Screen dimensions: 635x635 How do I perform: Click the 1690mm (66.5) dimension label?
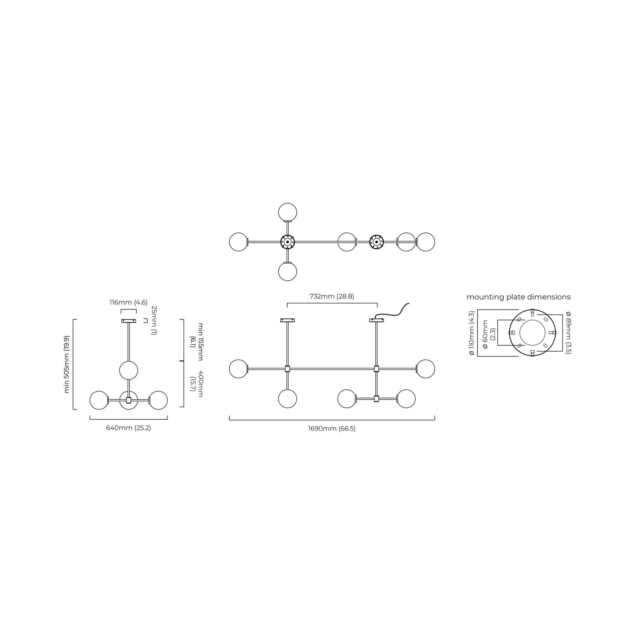click(x=332, y=429)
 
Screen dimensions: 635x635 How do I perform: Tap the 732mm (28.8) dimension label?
click(x=332, y=296)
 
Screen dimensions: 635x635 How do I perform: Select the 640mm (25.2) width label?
click(x=128, y=428)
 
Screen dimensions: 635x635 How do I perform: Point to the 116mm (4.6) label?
click(x=128, y=302)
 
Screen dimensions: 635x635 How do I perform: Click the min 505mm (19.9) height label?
click(x=67, y=364)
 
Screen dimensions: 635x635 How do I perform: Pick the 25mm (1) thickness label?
click(x=153, y=320)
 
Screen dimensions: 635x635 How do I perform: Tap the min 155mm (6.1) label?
click(x=196, y=341)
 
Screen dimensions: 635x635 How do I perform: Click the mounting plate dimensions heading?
click(x=519, y=297)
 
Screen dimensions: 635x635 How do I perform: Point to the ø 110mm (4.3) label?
click(x=472, y=333)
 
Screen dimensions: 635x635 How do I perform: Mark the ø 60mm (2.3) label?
click(x=489, y=334)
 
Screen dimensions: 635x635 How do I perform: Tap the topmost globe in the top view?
click(x=287, y=212)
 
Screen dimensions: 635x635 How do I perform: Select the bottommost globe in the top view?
click(x=287, y=272)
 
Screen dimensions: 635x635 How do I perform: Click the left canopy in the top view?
click(x=287, y=242)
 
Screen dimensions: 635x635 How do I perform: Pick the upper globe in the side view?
click(x=128, y=370)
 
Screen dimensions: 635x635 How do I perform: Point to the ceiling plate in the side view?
click(x=128, y=321)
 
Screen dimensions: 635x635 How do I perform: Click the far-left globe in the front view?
click(x=239, y=369)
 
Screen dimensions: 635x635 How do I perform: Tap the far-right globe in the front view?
click(x=425, y=369)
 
